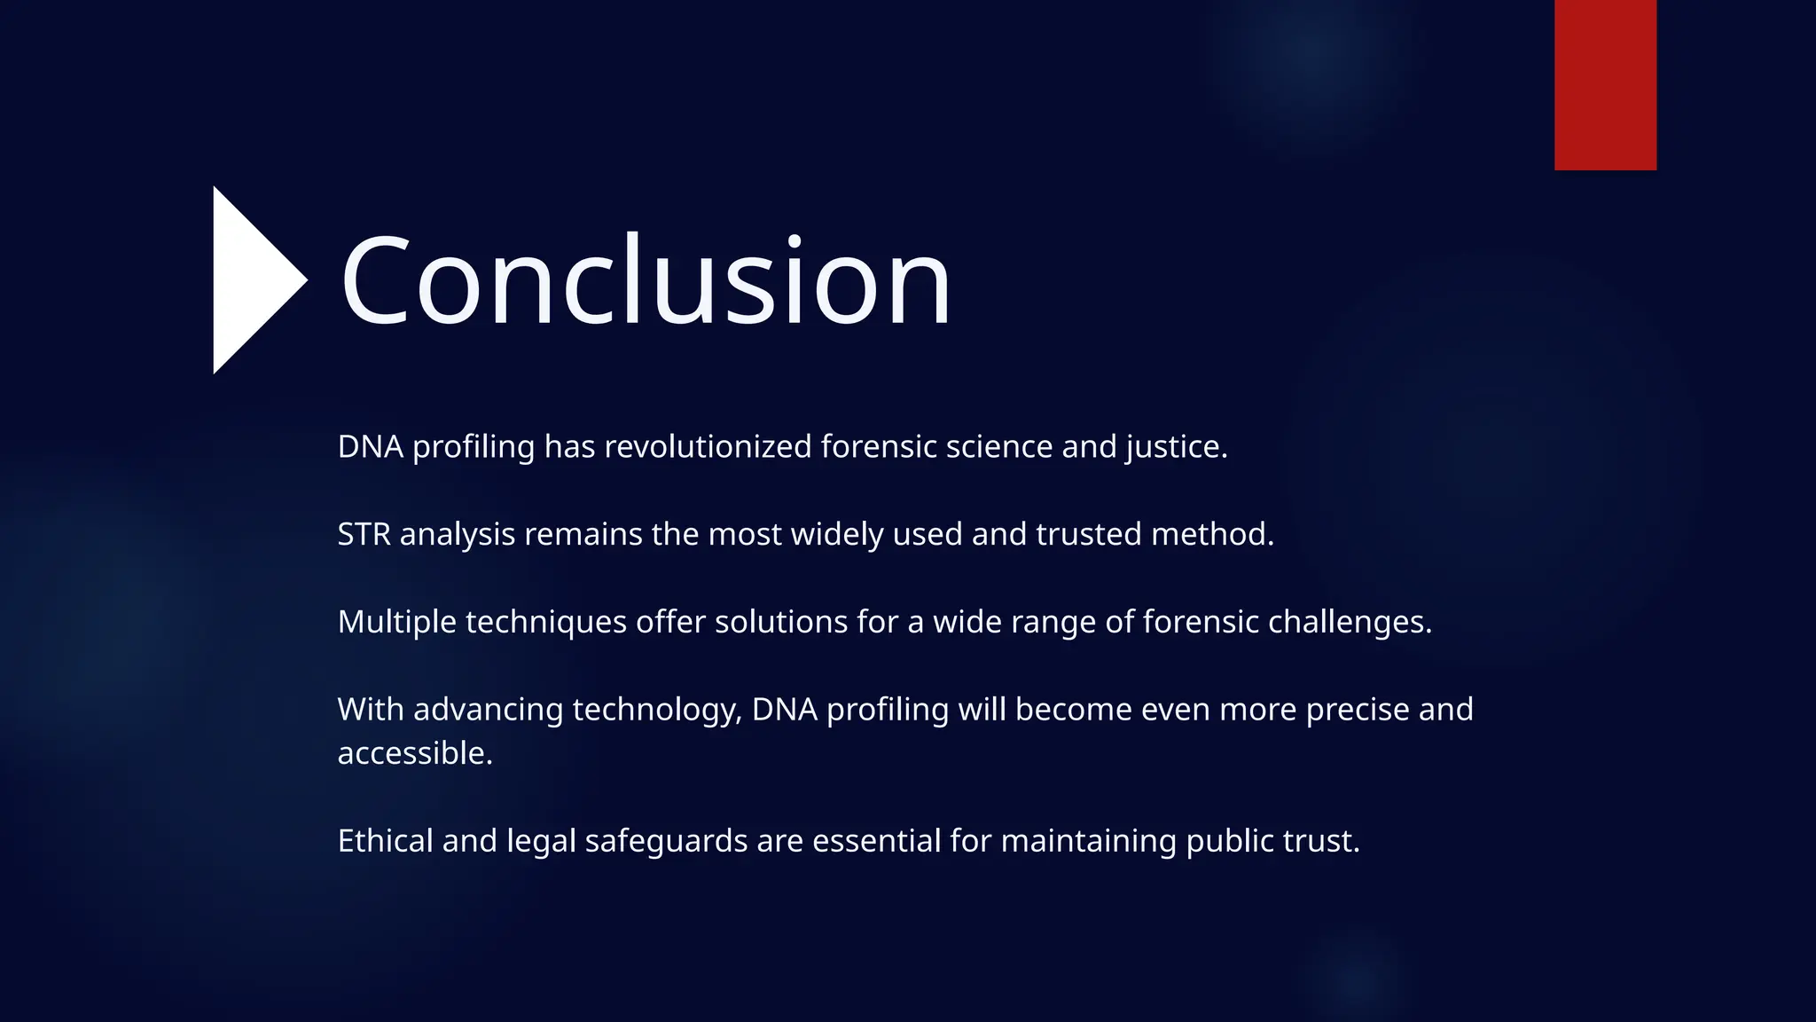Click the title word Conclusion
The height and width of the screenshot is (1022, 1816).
point(646,281)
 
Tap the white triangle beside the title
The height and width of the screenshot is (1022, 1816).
point(253,280)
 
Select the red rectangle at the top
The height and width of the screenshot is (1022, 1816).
point(1605,84)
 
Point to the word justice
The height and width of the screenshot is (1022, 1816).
point(1176,447)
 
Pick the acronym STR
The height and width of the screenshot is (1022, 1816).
point(364,534)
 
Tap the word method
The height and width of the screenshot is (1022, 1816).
point(1211,534)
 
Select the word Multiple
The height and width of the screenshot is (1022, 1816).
point(397,622)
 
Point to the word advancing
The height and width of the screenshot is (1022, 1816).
point(489,710)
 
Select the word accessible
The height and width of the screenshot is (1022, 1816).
point(414,753)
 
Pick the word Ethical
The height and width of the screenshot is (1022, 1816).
point(386,841)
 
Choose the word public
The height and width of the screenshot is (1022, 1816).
point(1225,841)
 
